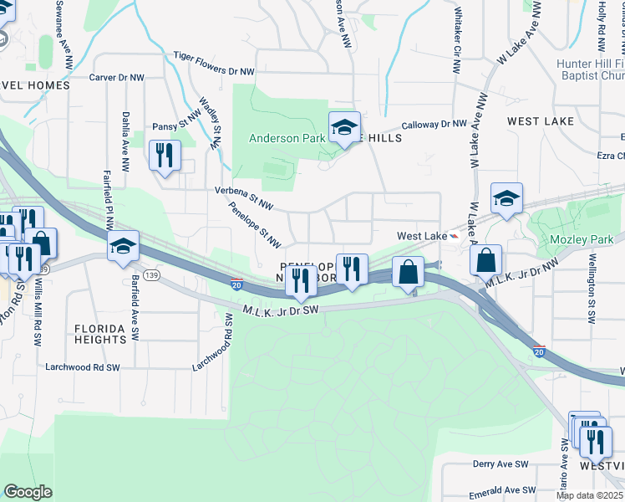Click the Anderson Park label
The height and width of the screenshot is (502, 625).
click(286, 138)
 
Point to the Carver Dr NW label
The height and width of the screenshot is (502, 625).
click(117, 77)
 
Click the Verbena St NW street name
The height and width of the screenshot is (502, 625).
click(244, 197)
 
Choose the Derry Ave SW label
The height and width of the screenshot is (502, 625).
click(501, 464)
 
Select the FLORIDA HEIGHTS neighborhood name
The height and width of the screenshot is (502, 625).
click(99, 334)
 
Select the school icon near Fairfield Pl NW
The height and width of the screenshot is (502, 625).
click(122, 246)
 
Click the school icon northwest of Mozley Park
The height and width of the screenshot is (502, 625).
click(506, 199)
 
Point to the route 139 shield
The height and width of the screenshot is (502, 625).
click(151, 274)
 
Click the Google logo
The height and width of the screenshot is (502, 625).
click(28, 492)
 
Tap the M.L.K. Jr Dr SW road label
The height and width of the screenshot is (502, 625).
click(282, 310)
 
